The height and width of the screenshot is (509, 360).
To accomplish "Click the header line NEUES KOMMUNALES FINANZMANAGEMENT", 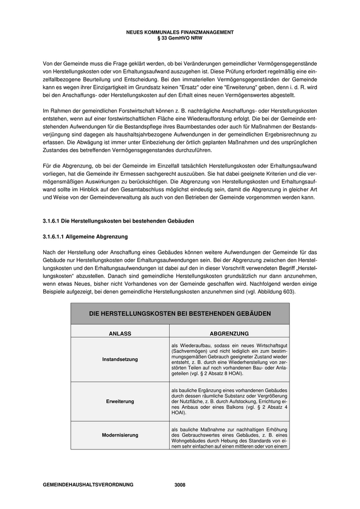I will [179, 32].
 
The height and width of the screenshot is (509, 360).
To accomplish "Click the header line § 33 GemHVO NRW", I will [179, 37].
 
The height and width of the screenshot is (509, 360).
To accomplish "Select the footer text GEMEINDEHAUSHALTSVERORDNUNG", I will [88, 485].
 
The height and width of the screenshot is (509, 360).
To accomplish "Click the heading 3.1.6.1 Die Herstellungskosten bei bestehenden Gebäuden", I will [119, 221].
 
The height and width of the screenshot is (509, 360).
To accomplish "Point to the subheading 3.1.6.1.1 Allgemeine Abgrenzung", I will [85, 237].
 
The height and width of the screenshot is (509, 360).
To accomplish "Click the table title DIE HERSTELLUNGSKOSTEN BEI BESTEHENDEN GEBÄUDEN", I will [179, 313].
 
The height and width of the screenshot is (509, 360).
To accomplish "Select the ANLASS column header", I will [120, 334].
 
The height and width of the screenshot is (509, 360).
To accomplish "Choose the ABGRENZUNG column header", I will [229, 334].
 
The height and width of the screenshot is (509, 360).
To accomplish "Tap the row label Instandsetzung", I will [120, 359].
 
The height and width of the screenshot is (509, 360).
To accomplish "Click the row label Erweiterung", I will [120, 401].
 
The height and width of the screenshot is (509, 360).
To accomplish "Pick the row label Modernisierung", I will [120, 435].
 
